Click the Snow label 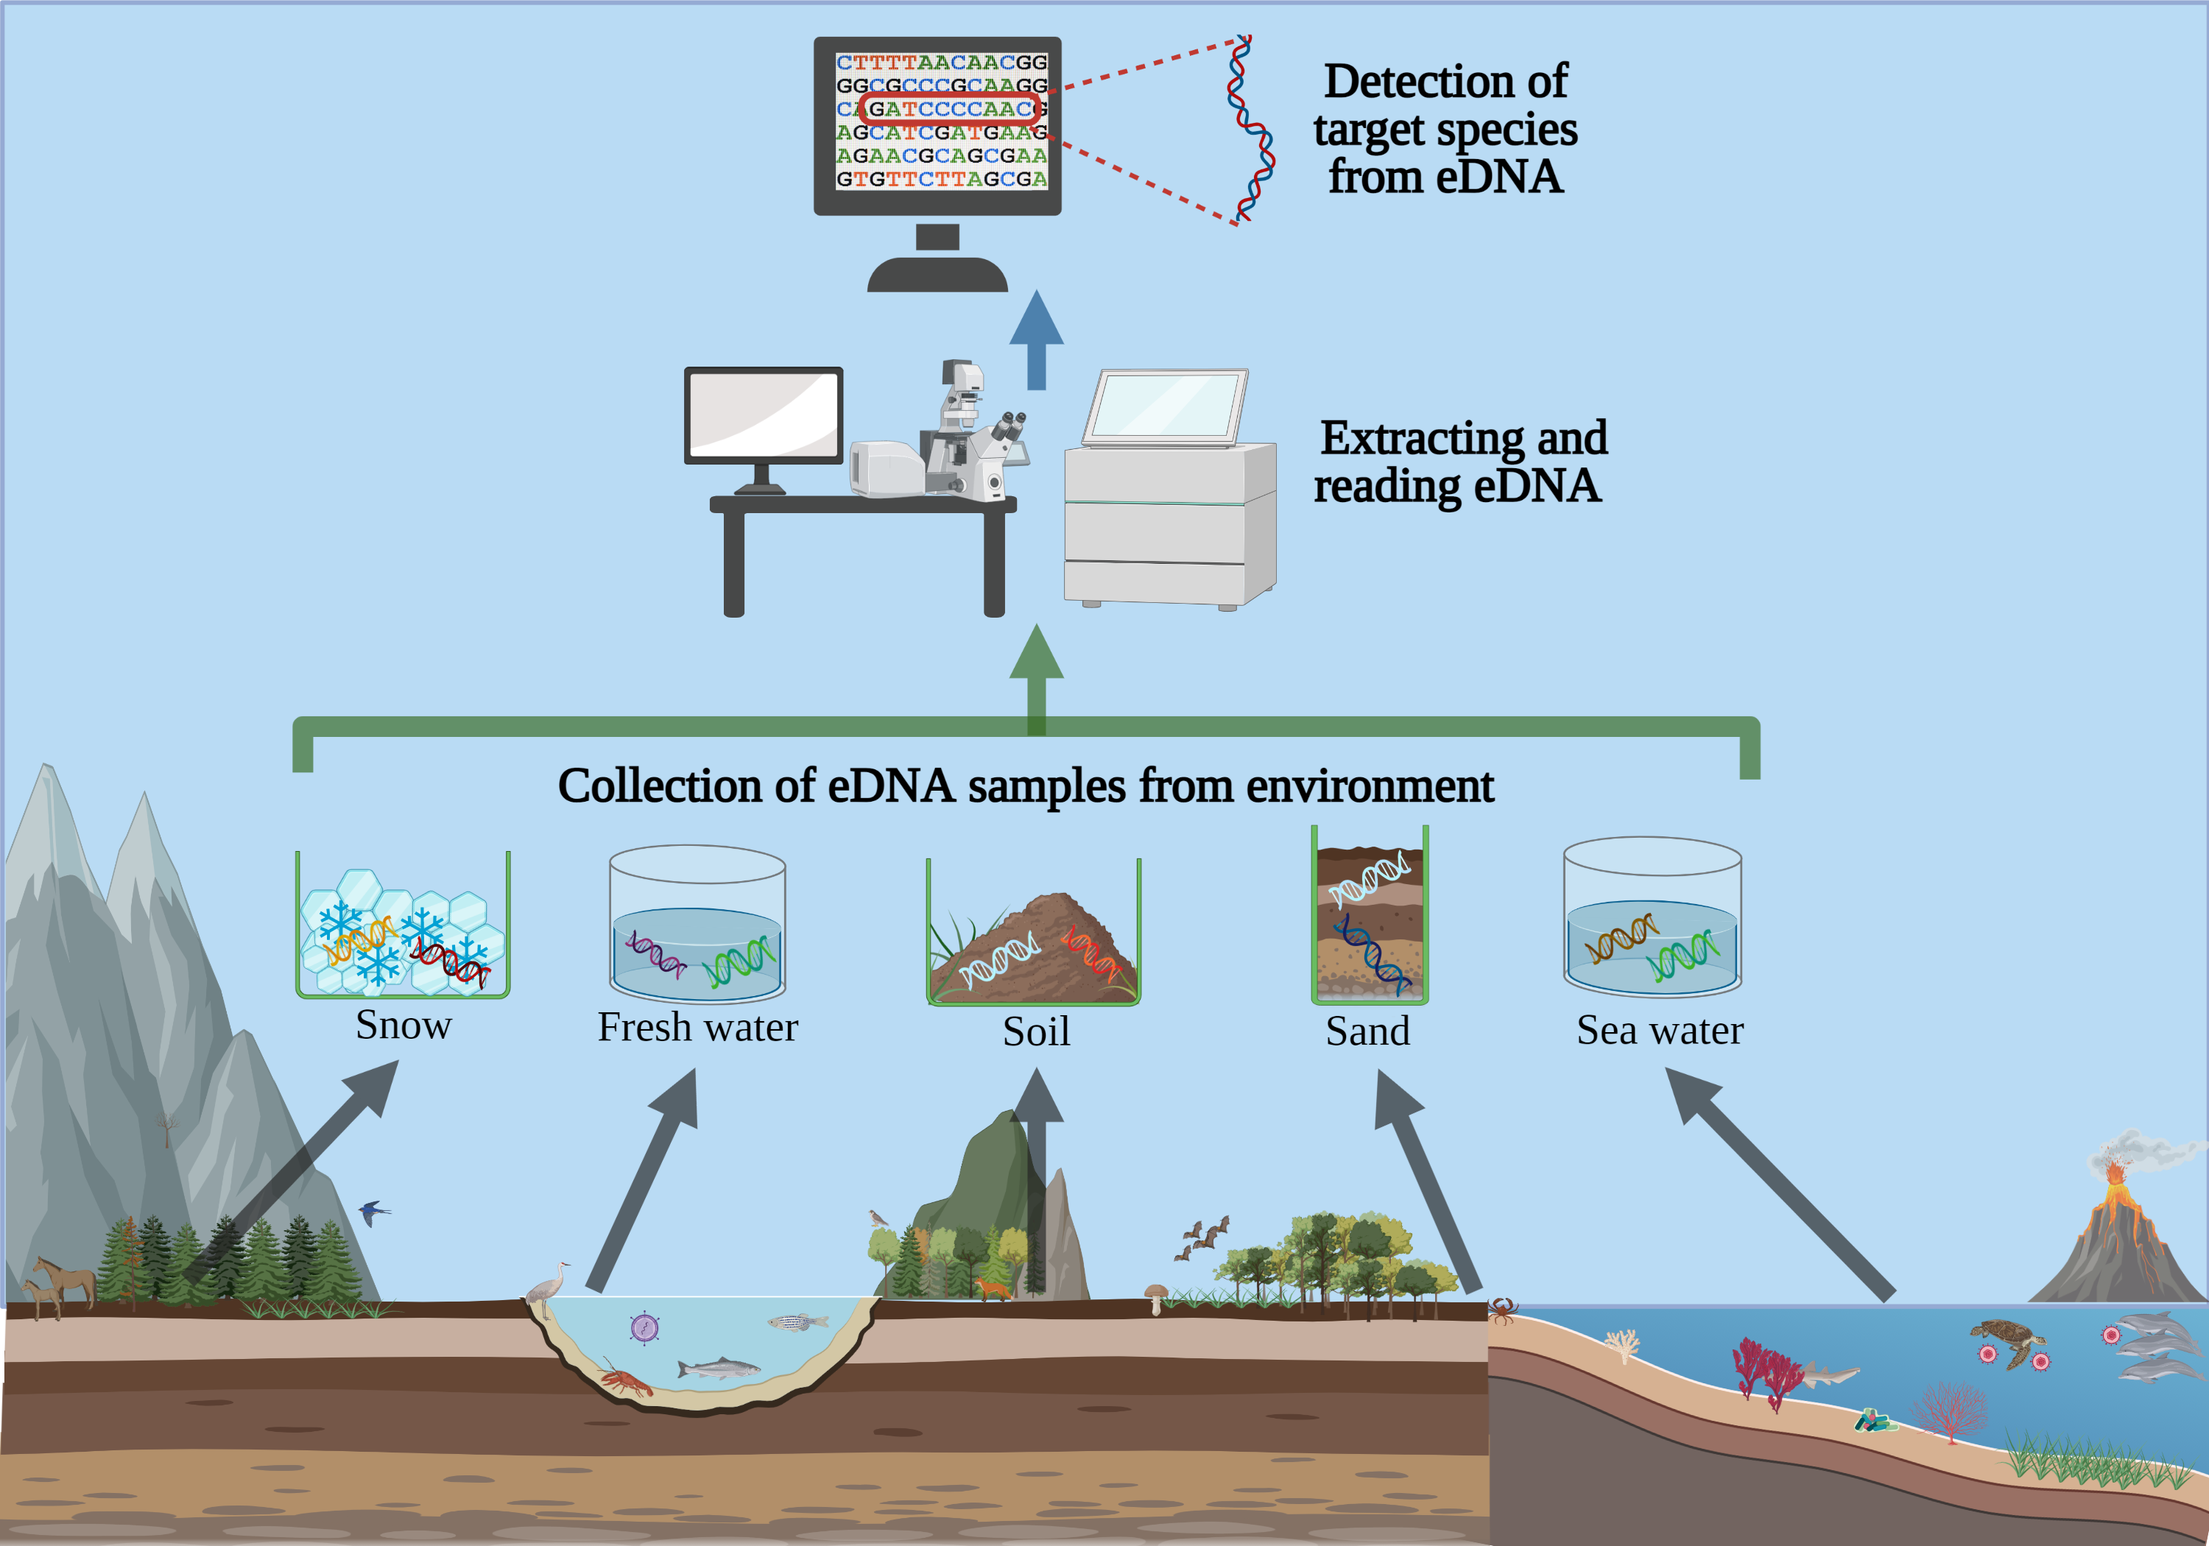click(403, 1026)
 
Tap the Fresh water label click(697, 1028)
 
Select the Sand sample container click(1369, 919)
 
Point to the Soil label click(1036, 1031)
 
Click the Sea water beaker click(1652, 919)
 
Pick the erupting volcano click(2117, 1232)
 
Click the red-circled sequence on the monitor click(948, 109)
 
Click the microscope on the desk click(972, 433)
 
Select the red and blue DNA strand click(1251, 130)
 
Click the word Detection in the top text click(1444, 81)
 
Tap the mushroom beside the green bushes click(1155, 1297)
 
